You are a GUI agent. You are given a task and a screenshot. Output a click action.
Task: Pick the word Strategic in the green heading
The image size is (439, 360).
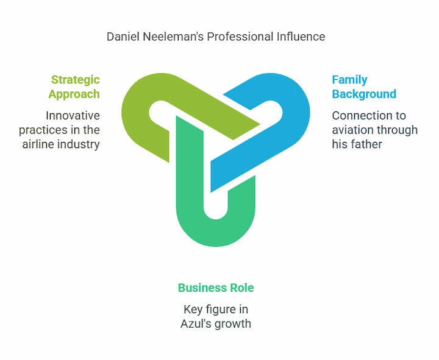pos(75,80)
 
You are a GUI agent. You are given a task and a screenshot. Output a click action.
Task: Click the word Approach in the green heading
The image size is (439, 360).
pos(74,94)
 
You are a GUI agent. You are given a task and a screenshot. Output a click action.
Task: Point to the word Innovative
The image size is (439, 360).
pos(73,115)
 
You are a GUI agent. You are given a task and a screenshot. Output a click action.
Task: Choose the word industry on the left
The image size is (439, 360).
pos(79,144)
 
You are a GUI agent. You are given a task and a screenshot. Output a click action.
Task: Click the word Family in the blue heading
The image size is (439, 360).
pos(349,80)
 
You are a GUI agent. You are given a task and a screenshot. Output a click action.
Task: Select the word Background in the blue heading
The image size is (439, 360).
pos(364,94)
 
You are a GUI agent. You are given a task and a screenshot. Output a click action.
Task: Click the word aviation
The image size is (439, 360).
pos(353,130)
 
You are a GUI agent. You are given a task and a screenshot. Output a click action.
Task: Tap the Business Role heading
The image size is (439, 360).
pos(216,288)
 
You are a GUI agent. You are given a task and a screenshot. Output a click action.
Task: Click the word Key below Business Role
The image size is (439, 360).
pos(195,309)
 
